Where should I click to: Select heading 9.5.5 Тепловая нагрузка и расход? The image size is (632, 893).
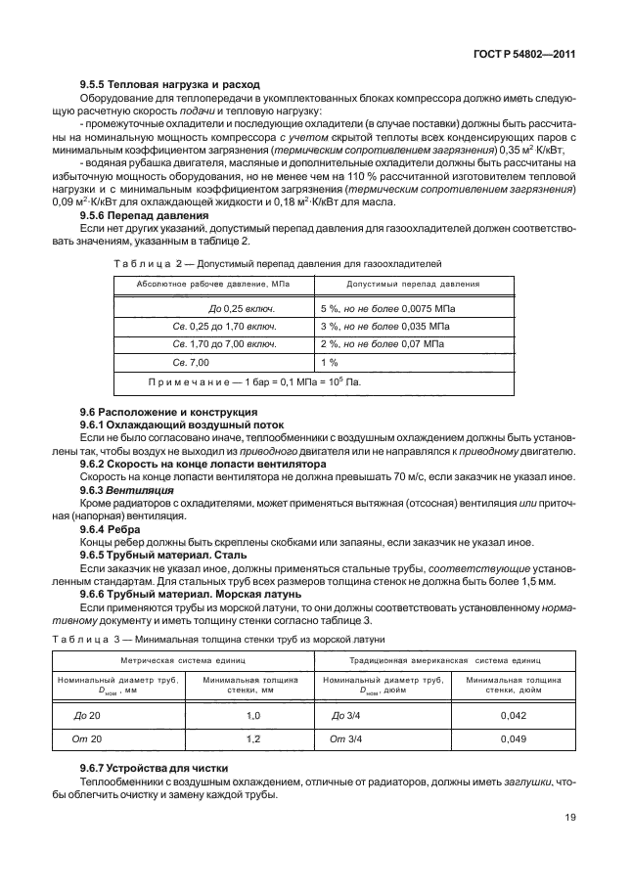pyautogui.click(x=156, y=85)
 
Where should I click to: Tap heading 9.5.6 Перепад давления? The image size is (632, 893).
pyautogui.click(x=143, y=213)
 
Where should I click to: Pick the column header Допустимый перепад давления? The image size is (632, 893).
pyautogui.click(x=399, y=284)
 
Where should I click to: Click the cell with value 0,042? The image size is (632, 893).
pyautogui.click(x=514, y=716)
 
